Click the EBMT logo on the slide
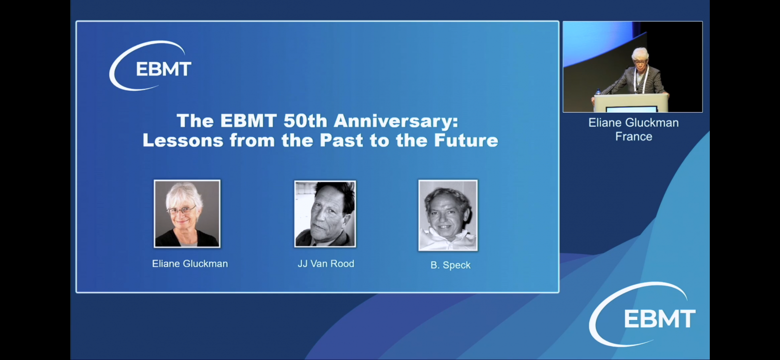coord(151,66)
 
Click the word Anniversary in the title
coord(395,121)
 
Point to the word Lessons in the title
coord(183,140)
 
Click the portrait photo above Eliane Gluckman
coord(187,214)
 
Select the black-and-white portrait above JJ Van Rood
coord(325,214)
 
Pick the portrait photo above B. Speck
coord(448,216)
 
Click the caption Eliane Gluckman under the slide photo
coord(190,264)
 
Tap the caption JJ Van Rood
coord(326,264)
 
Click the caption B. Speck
coord(450,265)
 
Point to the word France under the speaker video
coord(634,136)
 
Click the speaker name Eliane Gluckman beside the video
coord(633,122)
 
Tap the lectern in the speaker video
coord(631,103)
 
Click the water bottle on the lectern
coord(598,92)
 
